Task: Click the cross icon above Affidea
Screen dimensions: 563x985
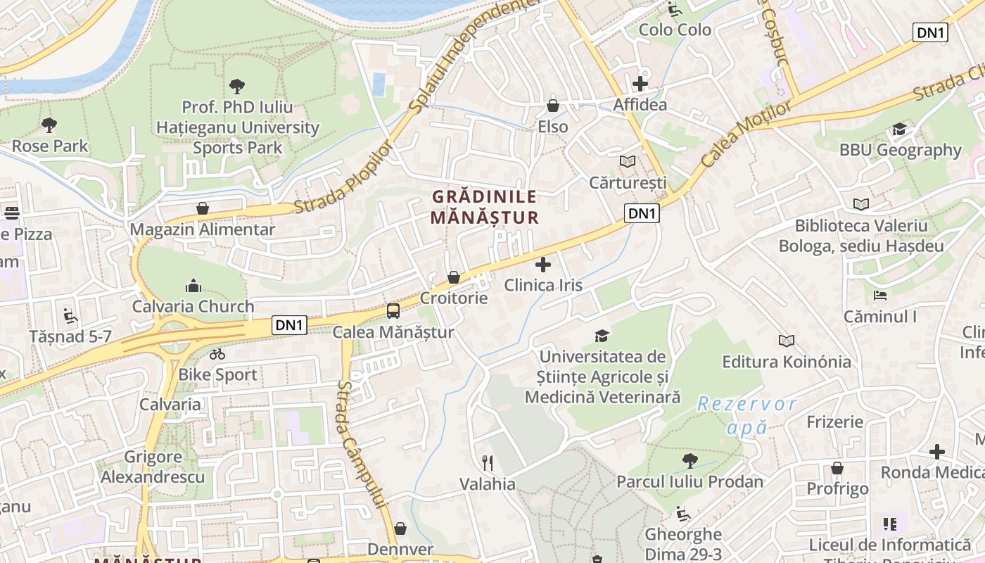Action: (640, 84)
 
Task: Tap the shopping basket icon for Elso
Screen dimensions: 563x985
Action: (553, 106)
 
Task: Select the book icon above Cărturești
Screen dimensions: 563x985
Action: (627, 161)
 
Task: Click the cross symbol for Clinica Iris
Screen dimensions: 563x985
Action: (543, 265)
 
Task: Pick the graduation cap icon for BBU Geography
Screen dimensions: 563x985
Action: (899, 129)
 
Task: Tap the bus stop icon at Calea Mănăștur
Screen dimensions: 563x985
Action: (393, 310)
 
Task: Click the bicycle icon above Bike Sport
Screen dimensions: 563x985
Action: (217, 353)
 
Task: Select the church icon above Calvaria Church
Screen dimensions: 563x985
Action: (193, 285)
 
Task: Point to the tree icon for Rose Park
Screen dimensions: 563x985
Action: (49, 125)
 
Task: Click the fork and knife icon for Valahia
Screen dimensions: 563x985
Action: (487, 462)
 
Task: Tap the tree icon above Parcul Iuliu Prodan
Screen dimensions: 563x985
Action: (689, 460)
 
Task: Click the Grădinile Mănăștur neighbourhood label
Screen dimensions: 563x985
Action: (484, 207)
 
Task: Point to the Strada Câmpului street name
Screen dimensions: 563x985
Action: (361, 443)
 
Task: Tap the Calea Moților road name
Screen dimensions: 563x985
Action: (746, 133)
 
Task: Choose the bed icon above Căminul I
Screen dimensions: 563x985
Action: (879, 295)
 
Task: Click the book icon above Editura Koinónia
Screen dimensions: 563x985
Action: (786, 341)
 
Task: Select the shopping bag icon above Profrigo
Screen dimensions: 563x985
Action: (837, 467)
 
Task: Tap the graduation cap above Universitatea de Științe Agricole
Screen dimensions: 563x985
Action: (602, 335)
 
